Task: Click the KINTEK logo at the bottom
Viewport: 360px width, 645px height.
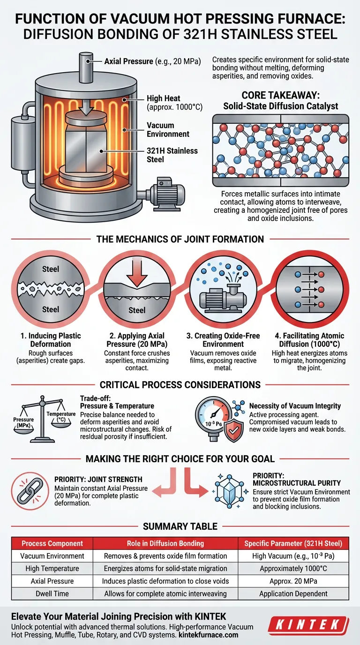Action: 308,624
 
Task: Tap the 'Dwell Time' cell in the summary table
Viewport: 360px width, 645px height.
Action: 52,593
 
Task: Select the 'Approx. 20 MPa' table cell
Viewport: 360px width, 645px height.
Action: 293,581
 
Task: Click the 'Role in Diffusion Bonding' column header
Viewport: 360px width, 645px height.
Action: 165,543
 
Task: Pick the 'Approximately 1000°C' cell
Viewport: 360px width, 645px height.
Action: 293,569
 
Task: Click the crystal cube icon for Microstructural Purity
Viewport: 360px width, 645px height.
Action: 230,491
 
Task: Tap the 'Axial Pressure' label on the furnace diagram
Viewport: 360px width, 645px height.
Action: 128,61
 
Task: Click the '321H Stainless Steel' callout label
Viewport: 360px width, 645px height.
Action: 172,155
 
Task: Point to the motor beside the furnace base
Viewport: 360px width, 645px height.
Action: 165,191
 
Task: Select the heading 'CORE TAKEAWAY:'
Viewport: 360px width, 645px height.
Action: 280,95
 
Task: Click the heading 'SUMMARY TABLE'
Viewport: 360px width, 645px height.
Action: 180,526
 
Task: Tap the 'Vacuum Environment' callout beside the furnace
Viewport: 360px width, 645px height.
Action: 168,129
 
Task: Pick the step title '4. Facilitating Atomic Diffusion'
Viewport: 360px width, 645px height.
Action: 309,340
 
